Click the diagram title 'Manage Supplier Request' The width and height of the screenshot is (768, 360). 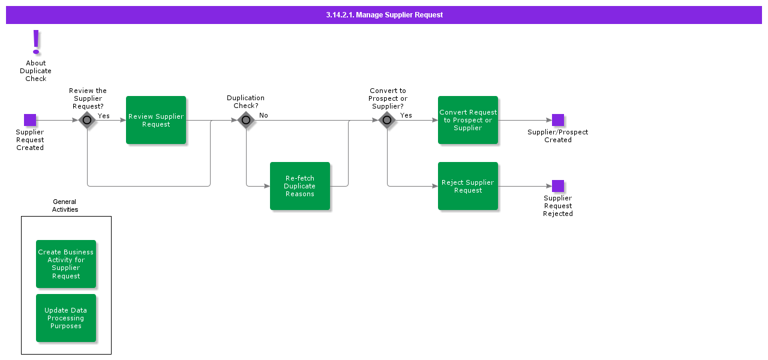click(384, 15)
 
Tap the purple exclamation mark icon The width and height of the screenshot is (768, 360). click(36, 42)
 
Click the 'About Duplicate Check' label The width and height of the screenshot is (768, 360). click(36, 71)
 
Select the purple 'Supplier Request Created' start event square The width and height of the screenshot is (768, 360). click(30, 120)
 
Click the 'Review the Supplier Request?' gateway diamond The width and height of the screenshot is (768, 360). click(87, 120)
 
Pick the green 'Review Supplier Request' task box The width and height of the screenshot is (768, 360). click(156, 120)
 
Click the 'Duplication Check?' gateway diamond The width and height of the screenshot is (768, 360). click(246, 120)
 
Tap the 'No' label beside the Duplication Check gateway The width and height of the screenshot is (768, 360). click(263, 115)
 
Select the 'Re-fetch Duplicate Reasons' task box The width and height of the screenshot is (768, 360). click(300, 186)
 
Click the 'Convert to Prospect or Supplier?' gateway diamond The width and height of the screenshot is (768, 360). click(387, 120)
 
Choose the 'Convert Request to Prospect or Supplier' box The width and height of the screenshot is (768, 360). click(468, 120)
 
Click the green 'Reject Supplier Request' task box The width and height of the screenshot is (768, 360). click(468, 186)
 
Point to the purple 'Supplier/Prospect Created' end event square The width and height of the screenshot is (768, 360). click(558, 120)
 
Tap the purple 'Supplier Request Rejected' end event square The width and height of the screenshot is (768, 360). click(558, 186)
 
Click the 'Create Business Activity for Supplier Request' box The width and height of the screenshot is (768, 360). click(66, 264)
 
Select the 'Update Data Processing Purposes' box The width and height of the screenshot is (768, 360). click(66, 318)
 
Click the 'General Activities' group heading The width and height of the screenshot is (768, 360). click(65, 206)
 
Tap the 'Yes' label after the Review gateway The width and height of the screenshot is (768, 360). click(104, 116)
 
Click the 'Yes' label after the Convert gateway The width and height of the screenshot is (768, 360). click(406, 115)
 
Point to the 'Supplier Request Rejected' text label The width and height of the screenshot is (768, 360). click(558, 206)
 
